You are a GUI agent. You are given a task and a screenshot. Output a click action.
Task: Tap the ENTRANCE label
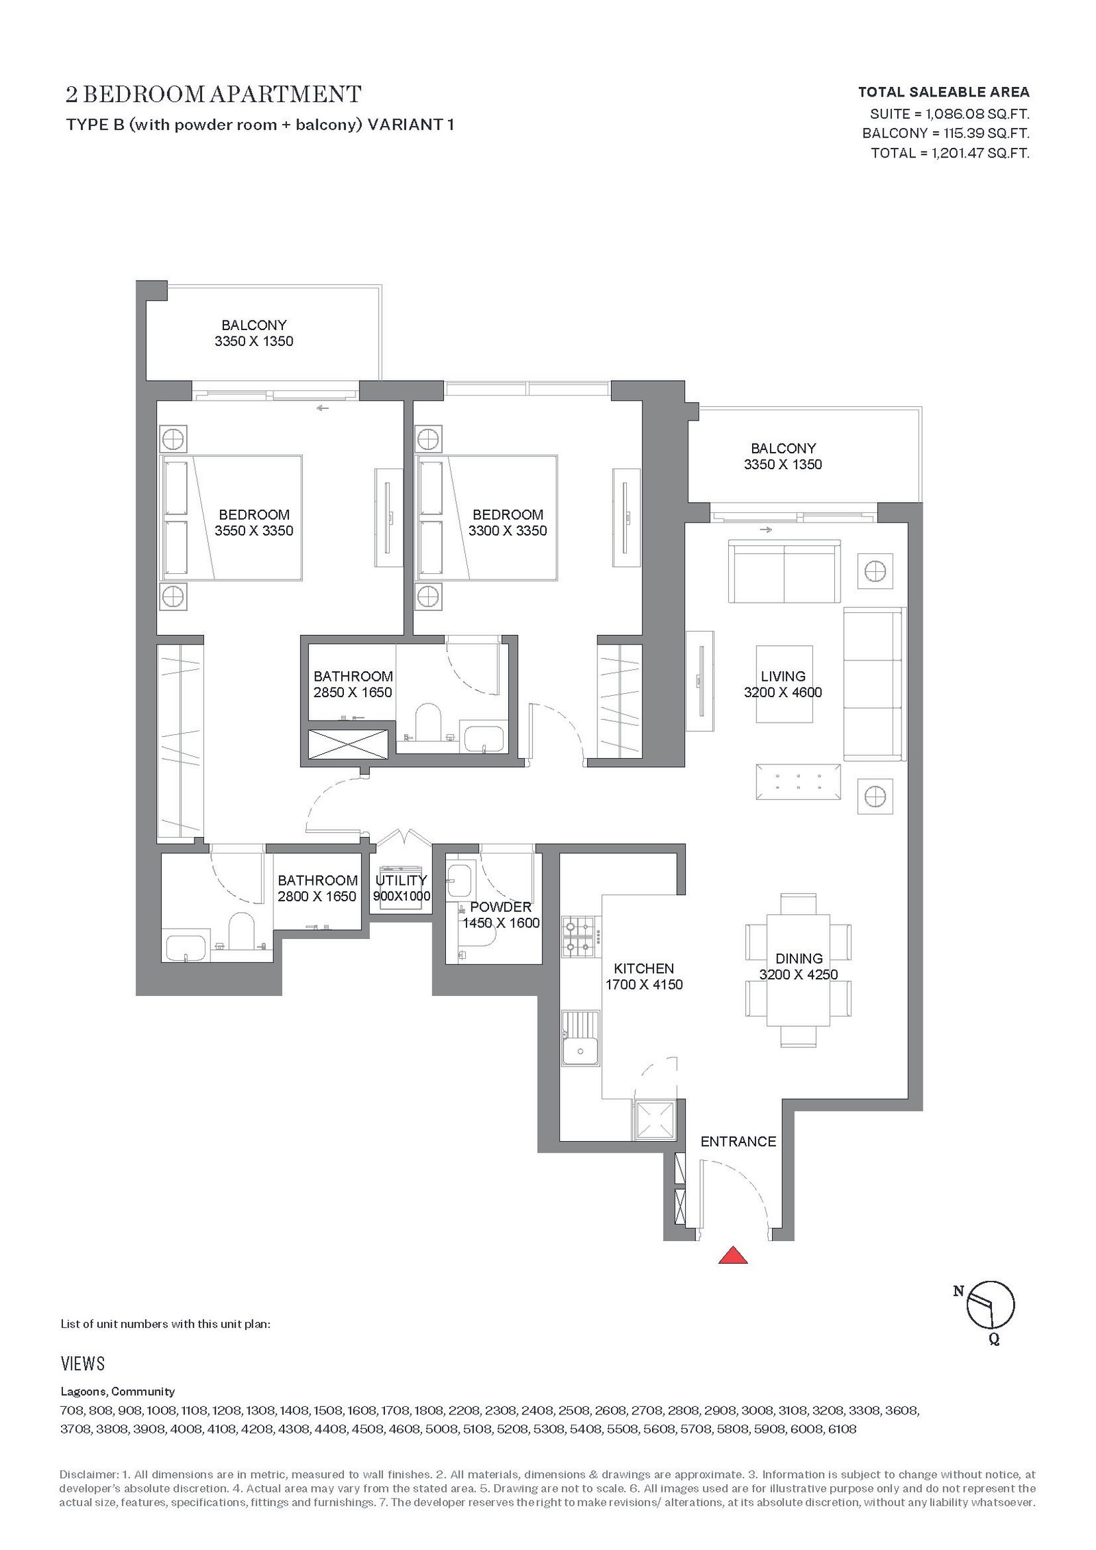[738, 1141]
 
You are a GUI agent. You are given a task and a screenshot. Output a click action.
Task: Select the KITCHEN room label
[644, 968]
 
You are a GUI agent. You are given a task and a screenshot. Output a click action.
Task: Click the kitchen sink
[580, 1038]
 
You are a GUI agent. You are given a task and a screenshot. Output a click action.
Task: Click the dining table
[798, 969]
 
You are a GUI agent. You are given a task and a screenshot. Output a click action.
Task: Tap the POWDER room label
[501, 907]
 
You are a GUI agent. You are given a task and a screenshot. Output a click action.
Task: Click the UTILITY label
[401, 880]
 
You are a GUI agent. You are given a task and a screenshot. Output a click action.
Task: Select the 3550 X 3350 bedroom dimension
[253, 530]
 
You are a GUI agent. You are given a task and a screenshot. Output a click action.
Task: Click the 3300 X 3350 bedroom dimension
[508, 530]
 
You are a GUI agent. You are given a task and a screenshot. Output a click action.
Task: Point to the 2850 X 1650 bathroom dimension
[353, 692]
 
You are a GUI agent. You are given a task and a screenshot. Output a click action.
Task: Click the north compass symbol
[990, 1313]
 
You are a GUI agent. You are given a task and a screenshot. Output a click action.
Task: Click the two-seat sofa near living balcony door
[784, 571]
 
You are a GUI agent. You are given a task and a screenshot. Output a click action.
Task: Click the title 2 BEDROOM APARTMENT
[214, 94]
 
